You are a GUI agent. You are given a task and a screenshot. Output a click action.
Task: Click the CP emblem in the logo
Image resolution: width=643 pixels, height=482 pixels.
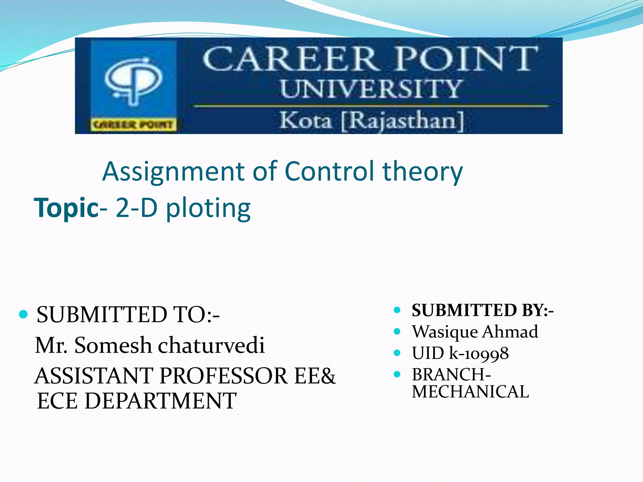click(133, 80)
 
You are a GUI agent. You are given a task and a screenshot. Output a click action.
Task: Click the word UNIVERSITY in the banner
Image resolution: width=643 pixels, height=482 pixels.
click(370, 89)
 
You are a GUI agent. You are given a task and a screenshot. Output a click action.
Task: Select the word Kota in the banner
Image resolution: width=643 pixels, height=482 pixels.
click(305, 120)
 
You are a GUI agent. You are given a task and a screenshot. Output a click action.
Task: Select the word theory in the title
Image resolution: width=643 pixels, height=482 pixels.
click(423, 172)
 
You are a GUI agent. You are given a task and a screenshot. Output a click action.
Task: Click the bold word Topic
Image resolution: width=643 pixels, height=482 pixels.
click(66, 208)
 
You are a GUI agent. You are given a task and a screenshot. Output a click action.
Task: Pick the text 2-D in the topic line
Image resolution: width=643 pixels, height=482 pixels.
click(136, 208)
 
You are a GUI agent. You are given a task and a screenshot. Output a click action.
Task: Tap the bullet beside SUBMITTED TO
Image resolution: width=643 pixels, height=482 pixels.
click(24, 314)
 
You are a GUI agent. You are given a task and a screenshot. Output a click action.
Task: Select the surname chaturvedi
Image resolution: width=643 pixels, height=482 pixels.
click(211, 345)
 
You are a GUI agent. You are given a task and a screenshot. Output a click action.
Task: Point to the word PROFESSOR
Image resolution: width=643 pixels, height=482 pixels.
click(223, 376)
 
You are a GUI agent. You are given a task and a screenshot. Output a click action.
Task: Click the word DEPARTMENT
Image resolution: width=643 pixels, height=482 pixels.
click(160, 401)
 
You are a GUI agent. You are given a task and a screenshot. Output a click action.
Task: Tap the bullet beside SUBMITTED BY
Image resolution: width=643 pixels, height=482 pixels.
click(397, 310)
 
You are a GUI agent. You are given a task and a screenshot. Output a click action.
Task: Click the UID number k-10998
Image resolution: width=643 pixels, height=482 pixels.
click(479, 353)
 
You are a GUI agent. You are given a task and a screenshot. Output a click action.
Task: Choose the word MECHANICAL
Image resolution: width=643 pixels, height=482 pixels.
click(470, 392)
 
